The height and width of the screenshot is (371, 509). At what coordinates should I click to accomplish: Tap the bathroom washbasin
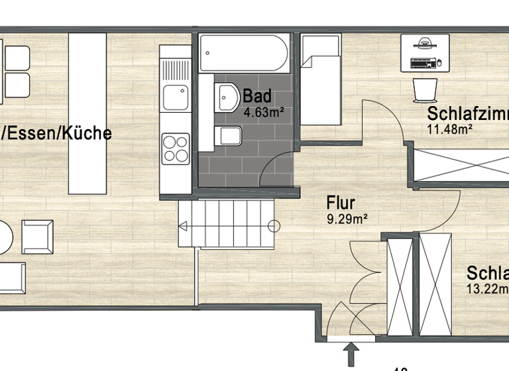click(x=227, y=97)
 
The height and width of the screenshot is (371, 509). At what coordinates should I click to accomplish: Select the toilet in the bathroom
click(x=229, y=136)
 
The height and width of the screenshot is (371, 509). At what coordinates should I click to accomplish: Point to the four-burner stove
click(x=176, y=148)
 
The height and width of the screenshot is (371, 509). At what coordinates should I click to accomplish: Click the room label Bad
click(x=257, y=97)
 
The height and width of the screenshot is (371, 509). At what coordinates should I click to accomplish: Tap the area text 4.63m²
click(x=264, y=113)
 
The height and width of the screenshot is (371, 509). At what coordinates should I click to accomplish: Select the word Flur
click(x=341, y=202)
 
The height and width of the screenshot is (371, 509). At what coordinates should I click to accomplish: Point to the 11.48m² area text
click(x=449, y=129)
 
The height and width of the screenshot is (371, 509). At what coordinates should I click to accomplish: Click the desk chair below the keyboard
click(x=424, y=89)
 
